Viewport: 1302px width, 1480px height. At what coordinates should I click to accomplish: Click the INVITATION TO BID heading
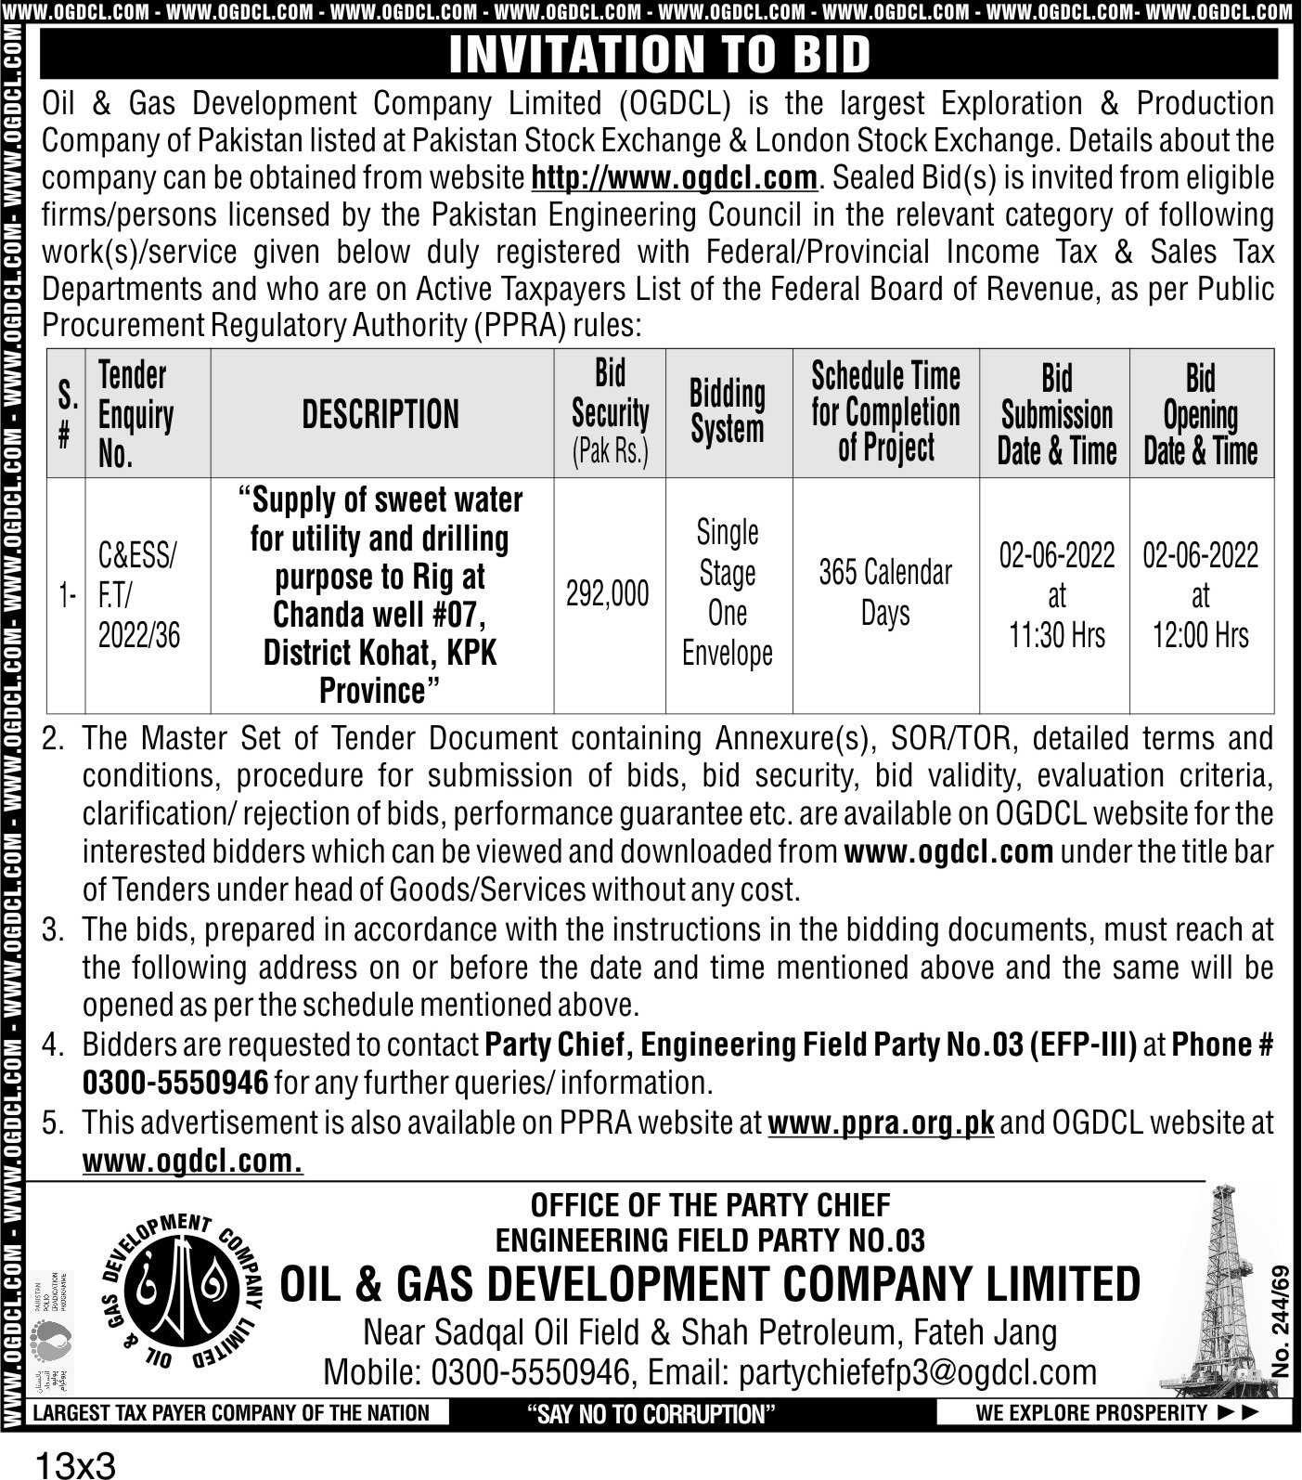tap(660, 54)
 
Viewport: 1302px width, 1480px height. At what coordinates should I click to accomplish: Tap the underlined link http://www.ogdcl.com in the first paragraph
tap(674, 177)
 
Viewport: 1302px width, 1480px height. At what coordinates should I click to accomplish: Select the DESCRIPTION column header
tap(380, 414)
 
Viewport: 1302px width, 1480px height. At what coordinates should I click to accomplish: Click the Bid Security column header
tap(610, 412)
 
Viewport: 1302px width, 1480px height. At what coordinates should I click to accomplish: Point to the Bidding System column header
tap(728, 412)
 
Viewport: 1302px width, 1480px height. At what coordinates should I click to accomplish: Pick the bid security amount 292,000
tap(608, 594)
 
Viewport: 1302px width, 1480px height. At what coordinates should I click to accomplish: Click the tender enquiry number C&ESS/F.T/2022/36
tap(139, 595)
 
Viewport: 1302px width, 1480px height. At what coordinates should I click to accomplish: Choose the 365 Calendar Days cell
tap(885, 592)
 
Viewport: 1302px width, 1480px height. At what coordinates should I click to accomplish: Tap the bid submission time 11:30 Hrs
tap(1057, 636)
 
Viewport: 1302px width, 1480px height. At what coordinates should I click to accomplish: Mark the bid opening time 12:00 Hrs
tap(1201, 636)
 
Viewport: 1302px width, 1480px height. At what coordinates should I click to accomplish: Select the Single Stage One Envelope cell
tap(728, 592)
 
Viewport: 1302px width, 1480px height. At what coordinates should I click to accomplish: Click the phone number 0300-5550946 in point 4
tap(175, 1083)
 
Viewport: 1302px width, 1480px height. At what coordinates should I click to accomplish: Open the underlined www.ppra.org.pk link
tap(881, 1123)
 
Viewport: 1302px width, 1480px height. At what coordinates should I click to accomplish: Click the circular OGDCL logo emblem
tap(187, 1292)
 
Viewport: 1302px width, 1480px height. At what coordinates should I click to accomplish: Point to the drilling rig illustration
tap(1224, 1291)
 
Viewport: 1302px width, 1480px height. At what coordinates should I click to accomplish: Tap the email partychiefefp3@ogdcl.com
tap(871, 1372)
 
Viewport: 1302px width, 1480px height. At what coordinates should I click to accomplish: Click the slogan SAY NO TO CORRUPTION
tap(651, 1414)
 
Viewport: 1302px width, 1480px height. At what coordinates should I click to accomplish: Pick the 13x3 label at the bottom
tap(75, 1466)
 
